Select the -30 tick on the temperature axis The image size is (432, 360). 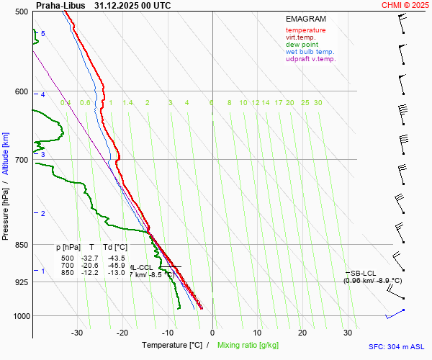click(x=78, y=333)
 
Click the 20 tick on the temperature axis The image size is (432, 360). click(x=302, y=333)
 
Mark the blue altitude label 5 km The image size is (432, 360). click(x=43, y=34)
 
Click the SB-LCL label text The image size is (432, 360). click(x=364, y=273)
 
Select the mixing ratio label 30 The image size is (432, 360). click(x=318, y=103)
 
